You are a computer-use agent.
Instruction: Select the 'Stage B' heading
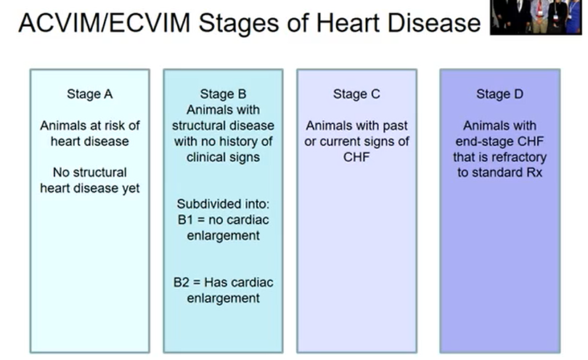pos(223,94)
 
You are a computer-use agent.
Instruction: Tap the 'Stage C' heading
pos(356,94)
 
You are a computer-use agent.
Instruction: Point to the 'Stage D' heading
pos(499,94)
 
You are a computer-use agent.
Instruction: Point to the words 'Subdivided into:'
pos(223,204)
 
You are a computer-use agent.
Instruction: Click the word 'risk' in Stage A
pos(118,126)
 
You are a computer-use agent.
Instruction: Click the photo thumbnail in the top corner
pos(537,17)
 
